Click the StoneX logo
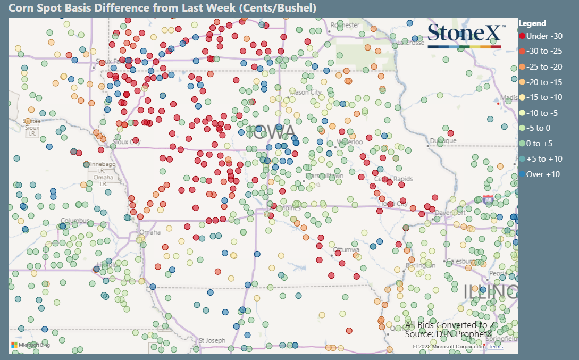click(464, 35)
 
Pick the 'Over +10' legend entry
click(539, 174)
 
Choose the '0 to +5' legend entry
click(539, 144)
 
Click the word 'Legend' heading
click(532, 23)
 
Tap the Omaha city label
click(149, 232)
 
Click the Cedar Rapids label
click(393, 179)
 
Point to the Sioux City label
click(127, 142)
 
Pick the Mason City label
click(307, 93)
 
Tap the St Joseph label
click(212, 340)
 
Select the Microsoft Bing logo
click(31, 346)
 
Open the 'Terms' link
click(496, 347)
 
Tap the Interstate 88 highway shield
click(487, 199)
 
